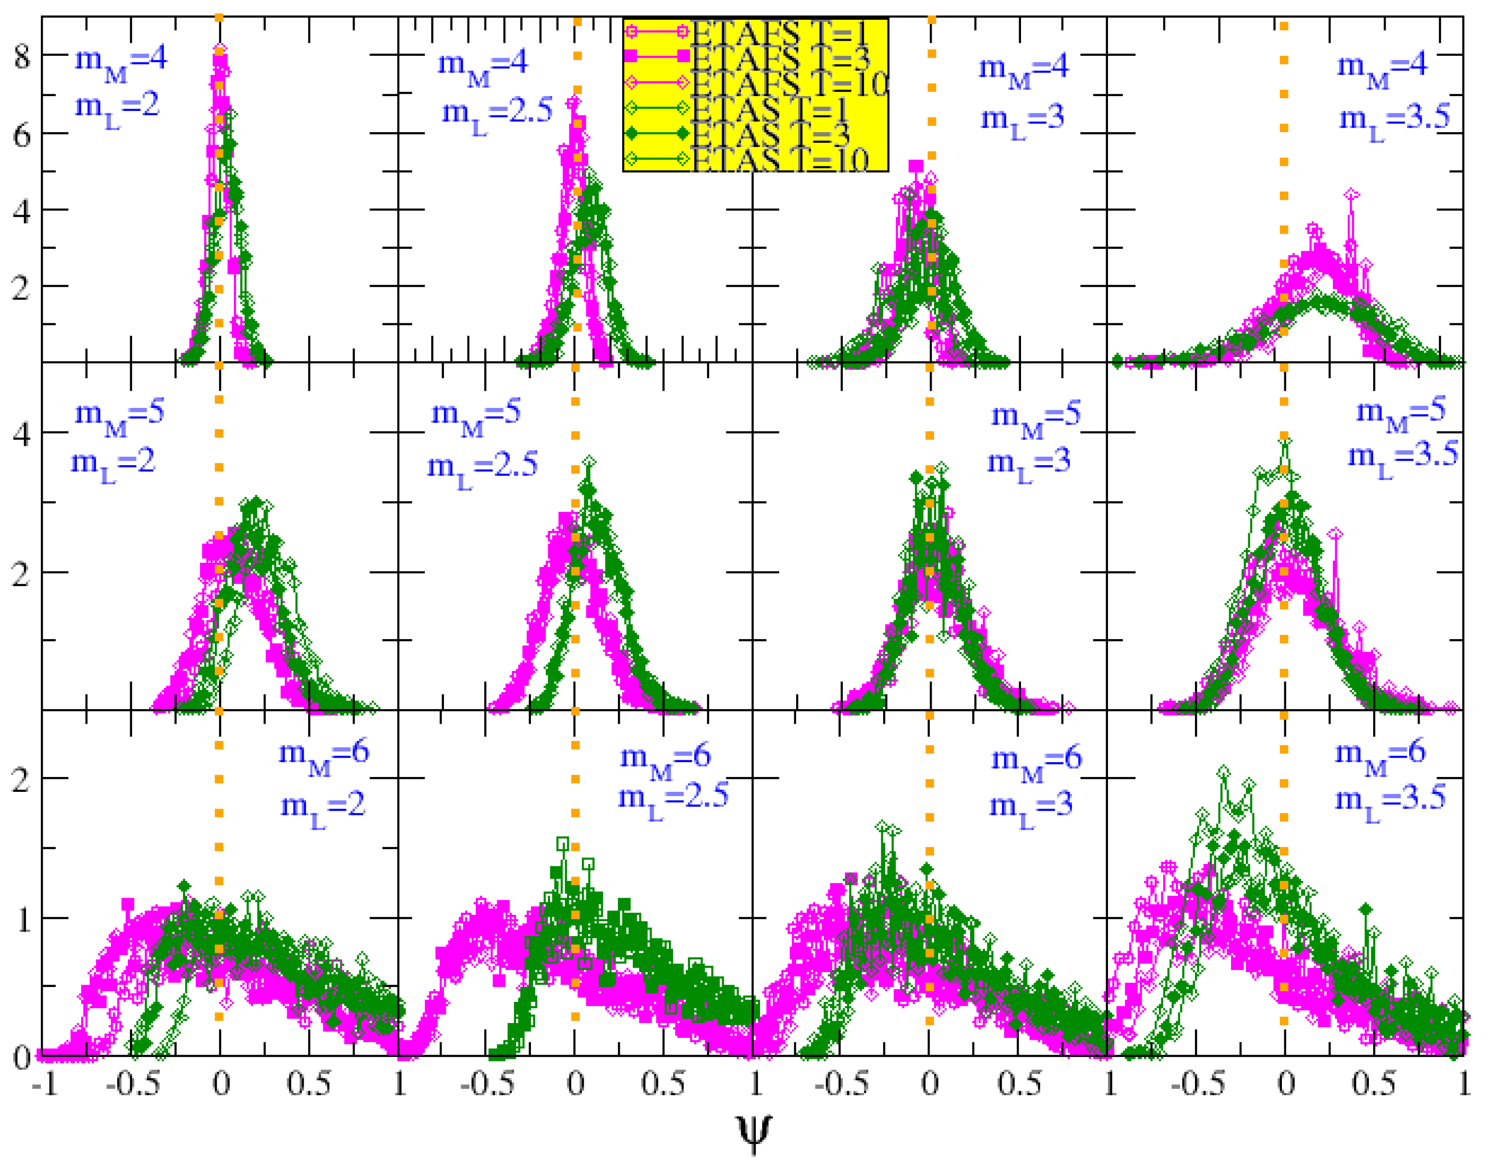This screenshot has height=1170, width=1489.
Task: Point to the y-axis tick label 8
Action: click(x=22, y=56)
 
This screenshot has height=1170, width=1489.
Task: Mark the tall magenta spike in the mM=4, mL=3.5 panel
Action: click(x=1351, y=197)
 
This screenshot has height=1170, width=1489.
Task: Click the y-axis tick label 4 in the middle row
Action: click(x=22, y=433)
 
